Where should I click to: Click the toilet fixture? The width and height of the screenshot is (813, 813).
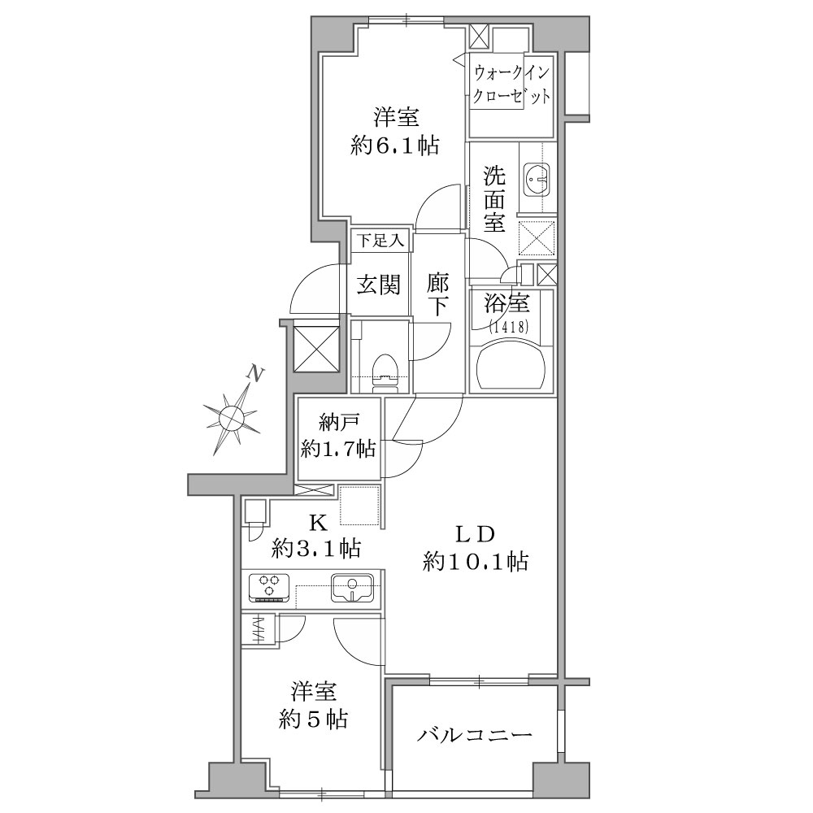385,373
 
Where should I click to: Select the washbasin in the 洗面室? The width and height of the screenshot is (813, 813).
537,180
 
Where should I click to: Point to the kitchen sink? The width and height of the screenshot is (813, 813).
352,587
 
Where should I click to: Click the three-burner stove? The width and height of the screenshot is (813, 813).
270,588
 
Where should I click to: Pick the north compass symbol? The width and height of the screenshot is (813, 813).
231,417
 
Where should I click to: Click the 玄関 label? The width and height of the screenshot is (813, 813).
379,285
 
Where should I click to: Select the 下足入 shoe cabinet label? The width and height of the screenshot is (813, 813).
381,241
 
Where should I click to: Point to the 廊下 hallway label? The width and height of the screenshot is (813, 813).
438,293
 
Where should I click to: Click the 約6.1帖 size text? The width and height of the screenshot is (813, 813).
395,146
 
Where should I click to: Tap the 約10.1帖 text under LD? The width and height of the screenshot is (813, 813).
476,561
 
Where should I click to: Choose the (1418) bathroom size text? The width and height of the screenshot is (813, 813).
510,326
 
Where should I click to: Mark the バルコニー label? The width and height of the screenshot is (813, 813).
475,735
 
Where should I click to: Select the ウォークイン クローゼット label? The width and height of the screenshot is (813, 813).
511,85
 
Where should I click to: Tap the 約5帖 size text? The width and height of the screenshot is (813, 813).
313,720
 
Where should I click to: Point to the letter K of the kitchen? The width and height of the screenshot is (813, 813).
318,524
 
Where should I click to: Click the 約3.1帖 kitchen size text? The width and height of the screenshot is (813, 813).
316,547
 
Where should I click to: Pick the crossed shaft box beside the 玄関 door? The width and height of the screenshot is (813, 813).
316,346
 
